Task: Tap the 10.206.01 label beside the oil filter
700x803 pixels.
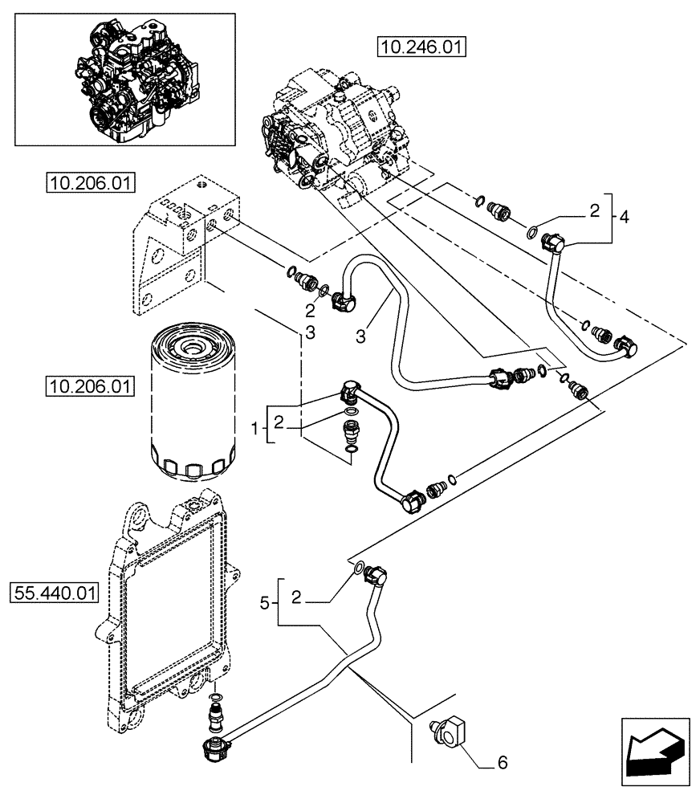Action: tap(89, 387)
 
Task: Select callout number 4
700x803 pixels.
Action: tap(625, 215)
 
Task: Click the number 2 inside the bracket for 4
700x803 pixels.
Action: tap(594, 211)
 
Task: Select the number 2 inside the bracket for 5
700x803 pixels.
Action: tap(296, 597)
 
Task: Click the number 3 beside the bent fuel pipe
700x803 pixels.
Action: tap(361, 337)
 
